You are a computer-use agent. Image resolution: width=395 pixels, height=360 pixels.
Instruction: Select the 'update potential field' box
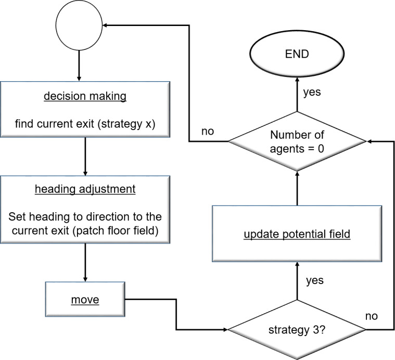tap(297, 235)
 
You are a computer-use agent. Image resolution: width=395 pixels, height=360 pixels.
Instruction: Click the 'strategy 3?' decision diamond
tap(297, 330)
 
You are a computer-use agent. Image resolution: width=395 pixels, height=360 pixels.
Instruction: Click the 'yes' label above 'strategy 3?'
tap(314, 280)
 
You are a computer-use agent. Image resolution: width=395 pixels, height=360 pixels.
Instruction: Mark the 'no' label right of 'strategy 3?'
tap(371, 315)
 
